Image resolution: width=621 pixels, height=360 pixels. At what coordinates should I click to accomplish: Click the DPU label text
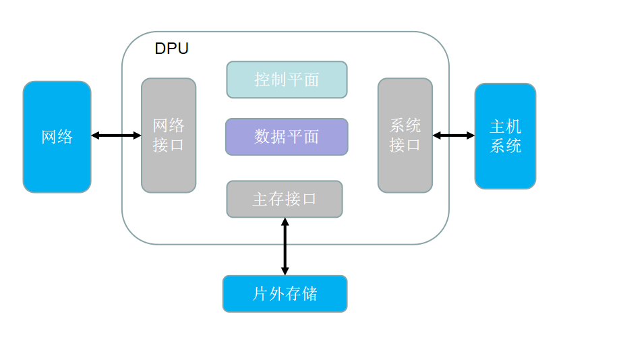(x=171, y=49)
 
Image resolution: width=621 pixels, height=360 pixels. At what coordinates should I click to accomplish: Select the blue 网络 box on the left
(x=57, y=137)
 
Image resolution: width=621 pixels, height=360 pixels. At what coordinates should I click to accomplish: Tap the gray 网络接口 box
(x=169, y=135)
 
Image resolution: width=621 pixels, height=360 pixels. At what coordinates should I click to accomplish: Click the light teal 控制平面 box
(x=287, y=80)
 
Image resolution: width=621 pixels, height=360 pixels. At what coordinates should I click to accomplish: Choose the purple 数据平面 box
(x=287, y=137)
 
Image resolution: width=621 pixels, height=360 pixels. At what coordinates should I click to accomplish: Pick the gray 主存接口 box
(x=285, y=199)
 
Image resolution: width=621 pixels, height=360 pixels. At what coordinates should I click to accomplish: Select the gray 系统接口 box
(x=405, y=135)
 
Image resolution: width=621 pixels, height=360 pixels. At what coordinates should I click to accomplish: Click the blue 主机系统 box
(x=505, y=136)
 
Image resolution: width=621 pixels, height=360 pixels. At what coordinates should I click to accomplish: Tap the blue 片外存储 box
(x=285, y=294)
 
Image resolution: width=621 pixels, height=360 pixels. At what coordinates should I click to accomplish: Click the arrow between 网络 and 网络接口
(x=116, y=136)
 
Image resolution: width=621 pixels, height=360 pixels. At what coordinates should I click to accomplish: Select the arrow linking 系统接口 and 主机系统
(x=453, y=136)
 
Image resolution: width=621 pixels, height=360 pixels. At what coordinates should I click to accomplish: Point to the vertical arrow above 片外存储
(x=285, y=246)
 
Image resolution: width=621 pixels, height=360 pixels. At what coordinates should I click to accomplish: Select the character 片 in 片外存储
(x=260, y=294)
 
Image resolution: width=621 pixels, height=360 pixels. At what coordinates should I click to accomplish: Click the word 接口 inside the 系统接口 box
(x=405, y=145)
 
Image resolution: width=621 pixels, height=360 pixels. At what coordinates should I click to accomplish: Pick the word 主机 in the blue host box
(x=505, y=127)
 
